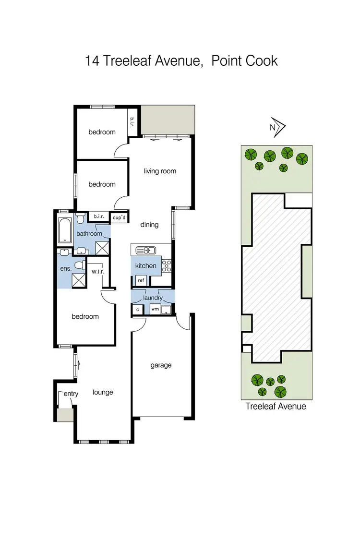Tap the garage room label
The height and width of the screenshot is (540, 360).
(161, 365)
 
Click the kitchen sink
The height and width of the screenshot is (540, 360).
(145, 250)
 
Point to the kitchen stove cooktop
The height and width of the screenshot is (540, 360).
(167, 265)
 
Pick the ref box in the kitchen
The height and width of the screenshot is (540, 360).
(141, 280)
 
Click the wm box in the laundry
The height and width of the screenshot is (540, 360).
(155, 310)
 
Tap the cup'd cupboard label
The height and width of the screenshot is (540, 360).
(119, 217)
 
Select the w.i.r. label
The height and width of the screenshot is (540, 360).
(98, 272)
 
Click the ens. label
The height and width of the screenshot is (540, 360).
(66, 269)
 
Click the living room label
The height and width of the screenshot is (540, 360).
(160, 171)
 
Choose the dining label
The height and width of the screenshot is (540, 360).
(149, 224)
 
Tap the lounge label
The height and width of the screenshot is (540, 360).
(103, 392)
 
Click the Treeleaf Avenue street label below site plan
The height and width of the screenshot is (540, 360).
(276, 406)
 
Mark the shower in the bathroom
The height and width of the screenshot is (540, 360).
(102, 248)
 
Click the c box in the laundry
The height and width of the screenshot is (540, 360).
(138, 310)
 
